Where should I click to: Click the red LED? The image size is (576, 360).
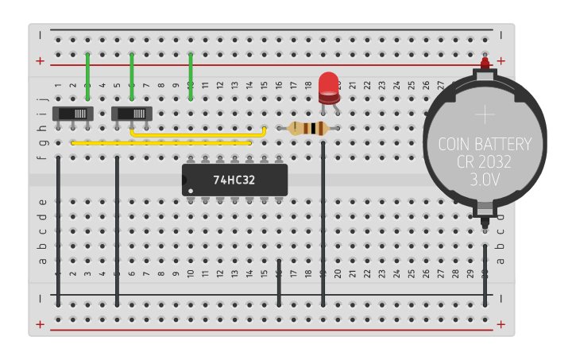[x=328, y=86]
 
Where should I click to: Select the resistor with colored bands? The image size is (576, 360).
[x=308, y=128]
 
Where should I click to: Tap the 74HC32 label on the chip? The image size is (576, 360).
[x=234, y=180]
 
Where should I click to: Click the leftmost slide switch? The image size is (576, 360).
[x=73, y=114]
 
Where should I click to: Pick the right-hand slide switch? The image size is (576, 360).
[x=133, y=114]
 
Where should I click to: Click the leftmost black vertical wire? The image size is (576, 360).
[x=58, y=230]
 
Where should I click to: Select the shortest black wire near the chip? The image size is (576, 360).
[x=279, y=281]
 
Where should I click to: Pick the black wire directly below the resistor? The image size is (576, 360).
[x=323, y=223]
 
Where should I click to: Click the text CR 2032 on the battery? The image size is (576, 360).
[x=485, y=162]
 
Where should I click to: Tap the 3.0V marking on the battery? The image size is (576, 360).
[x=485, y=180]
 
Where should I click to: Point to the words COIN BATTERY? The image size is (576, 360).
[x=485, y=145]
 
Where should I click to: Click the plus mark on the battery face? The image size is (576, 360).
[x=485, y=114]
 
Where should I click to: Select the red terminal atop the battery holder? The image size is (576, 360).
[x=485, y=62]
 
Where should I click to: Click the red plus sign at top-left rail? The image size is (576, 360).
[x=41, y=60]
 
